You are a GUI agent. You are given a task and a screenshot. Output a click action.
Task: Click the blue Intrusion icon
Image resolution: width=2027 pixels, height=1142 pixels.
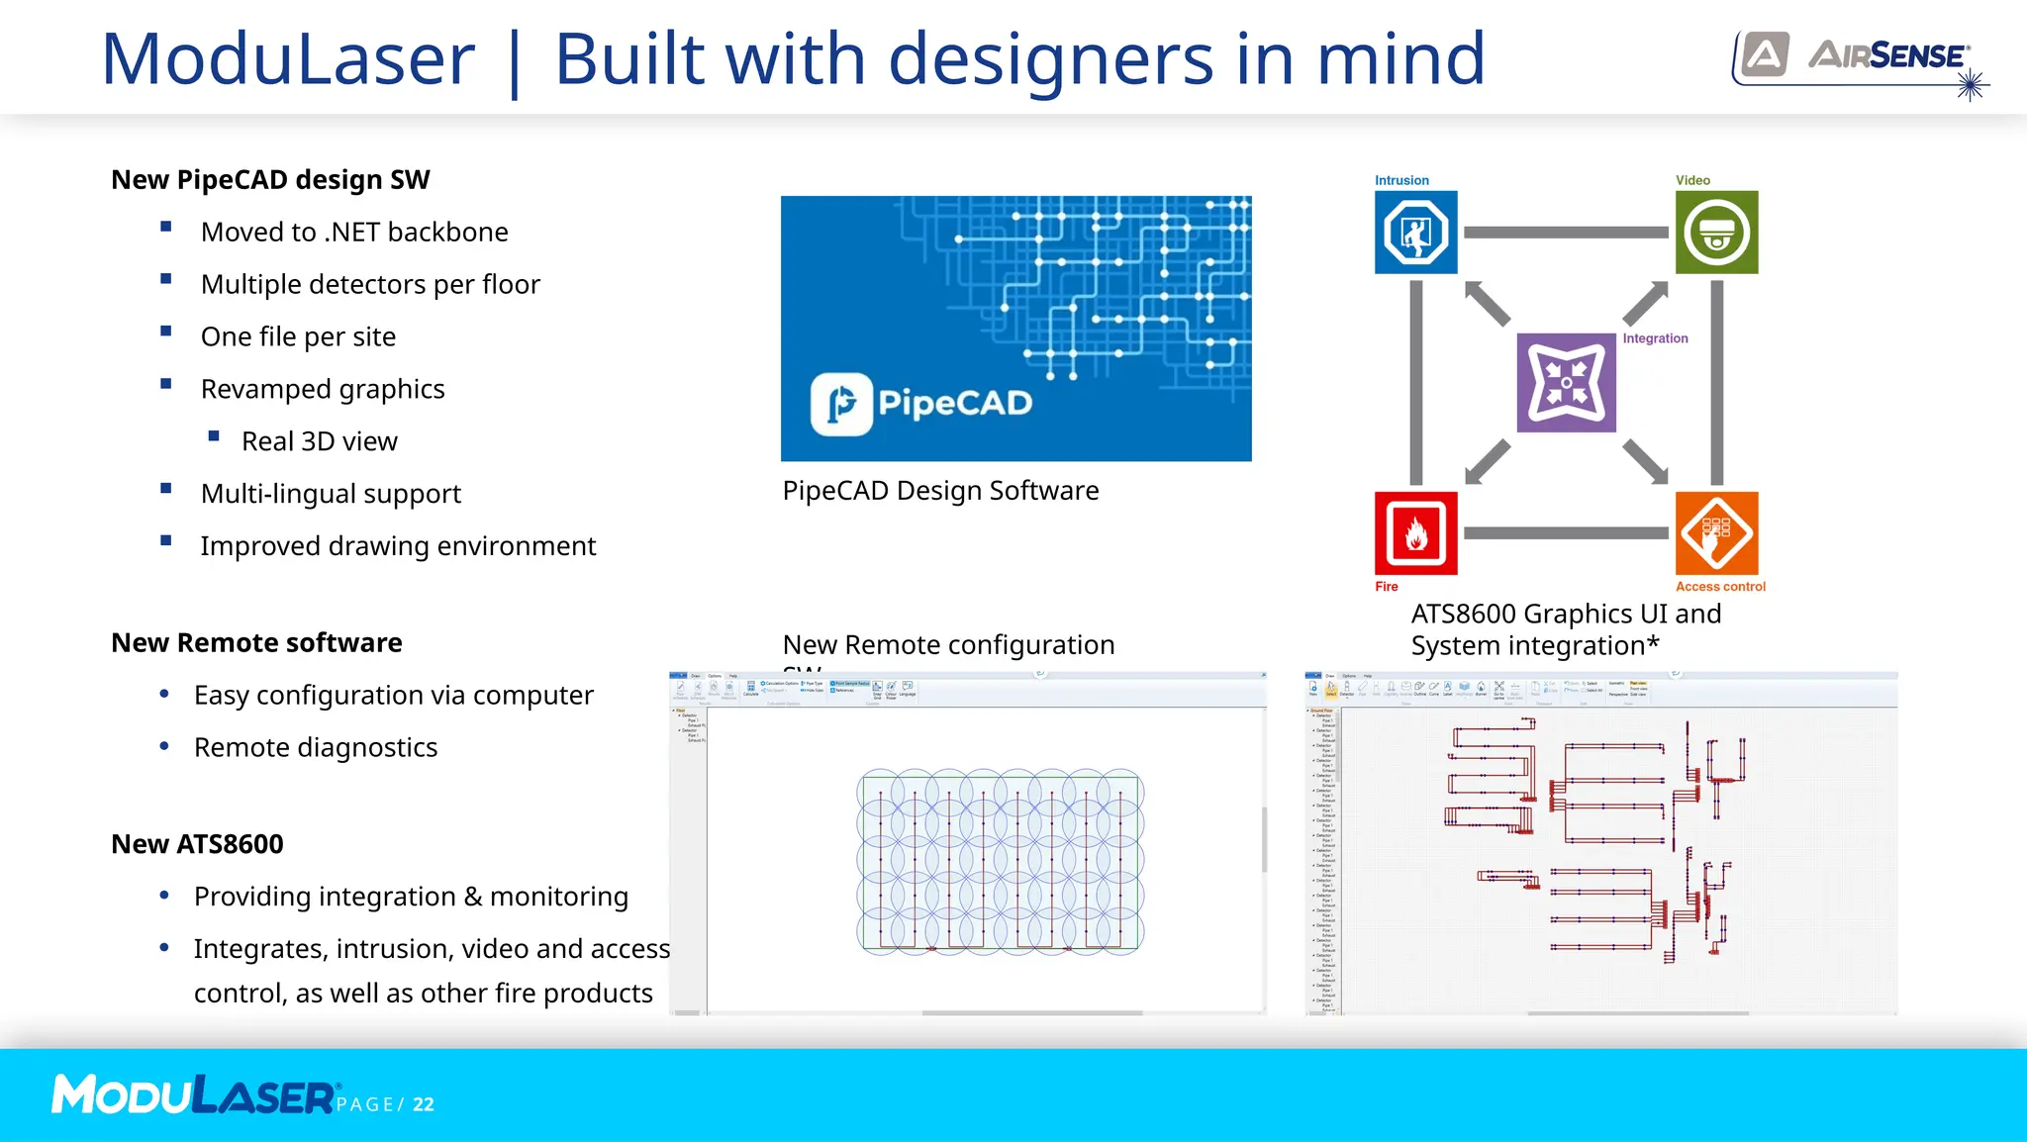(x=1415, y=233)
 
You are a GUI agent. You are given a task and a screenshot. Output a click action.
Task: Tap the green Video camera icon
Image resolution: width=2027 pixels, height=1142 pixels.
(x=1716, y=233)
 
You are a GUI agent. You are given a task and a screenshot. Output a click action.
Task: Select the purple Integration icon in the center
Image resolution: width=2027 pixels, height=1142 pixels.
(x=1566, y=383)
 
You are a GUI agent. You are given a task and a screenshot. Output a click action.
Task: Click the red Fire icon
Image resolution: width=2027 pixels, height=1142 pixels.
(x=1415, y=533)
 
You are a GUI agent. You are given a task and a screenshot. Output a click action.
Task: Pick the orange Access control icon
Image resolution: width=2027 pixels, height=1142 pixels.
(x=1716, y=533)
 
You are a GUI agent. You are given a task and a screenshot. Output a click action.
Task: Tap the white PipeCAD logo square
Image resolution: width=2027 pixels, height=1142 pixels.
(x=842, y=404)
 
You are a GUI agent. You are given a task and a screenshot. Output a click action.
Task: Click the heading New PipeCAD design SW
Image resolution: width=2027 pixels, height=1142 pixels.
(x=270, y=180)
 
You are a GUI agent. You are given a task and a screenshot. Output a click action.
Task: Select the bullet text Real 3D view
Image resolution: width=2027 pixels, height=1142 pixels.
(x=319, y=441)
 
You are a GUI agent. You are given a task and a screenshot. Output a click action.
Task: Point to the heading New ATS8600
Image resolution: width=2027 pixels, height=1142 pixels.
(x=197, y=844)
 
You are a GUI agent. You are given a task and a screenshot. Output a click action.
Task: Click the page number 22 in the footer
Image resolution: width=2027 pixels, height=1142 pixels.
(x=424, y=1104)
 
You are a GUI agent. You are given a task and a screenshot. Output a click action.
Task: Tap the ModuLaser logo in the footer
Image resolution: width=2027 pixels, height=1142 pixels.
(x=193, y=1094)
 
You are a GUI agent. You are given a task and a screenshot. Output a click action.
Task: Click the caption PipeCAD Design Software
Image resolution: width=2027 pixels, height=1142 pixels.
(x=940, y=491)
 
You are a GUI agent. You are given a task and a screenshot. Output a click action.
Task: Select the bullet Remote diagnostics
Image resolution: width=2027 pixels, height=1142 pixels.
(x=316, y=748)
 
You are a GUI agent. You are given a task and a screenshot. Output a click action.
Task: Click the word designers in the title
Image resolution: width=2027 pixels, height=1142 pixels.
(x=1050, y=59)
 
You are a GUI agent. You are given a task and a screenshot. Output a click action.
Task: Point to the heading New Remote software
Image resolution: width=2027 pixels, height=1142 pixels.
(x=256, y=643)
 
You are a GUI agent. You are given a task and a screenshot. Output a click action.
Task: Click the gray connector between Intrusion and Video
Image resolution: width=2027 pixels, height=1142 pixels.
(x=1566, y=233)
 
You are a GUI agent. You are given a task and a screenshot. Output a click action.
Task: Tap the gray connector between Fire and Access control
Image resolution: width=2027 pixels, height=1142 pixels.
(x=1566, y=533)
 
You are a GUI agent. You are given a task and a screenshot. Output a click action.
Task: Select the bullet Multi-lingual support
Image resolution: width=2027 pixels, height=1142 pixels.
(x=331, y=494)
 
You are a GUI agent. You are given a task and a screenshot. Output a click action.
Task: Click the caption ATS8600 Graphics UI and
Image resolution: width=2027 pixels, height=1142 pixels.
(x=1566, y=615)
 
